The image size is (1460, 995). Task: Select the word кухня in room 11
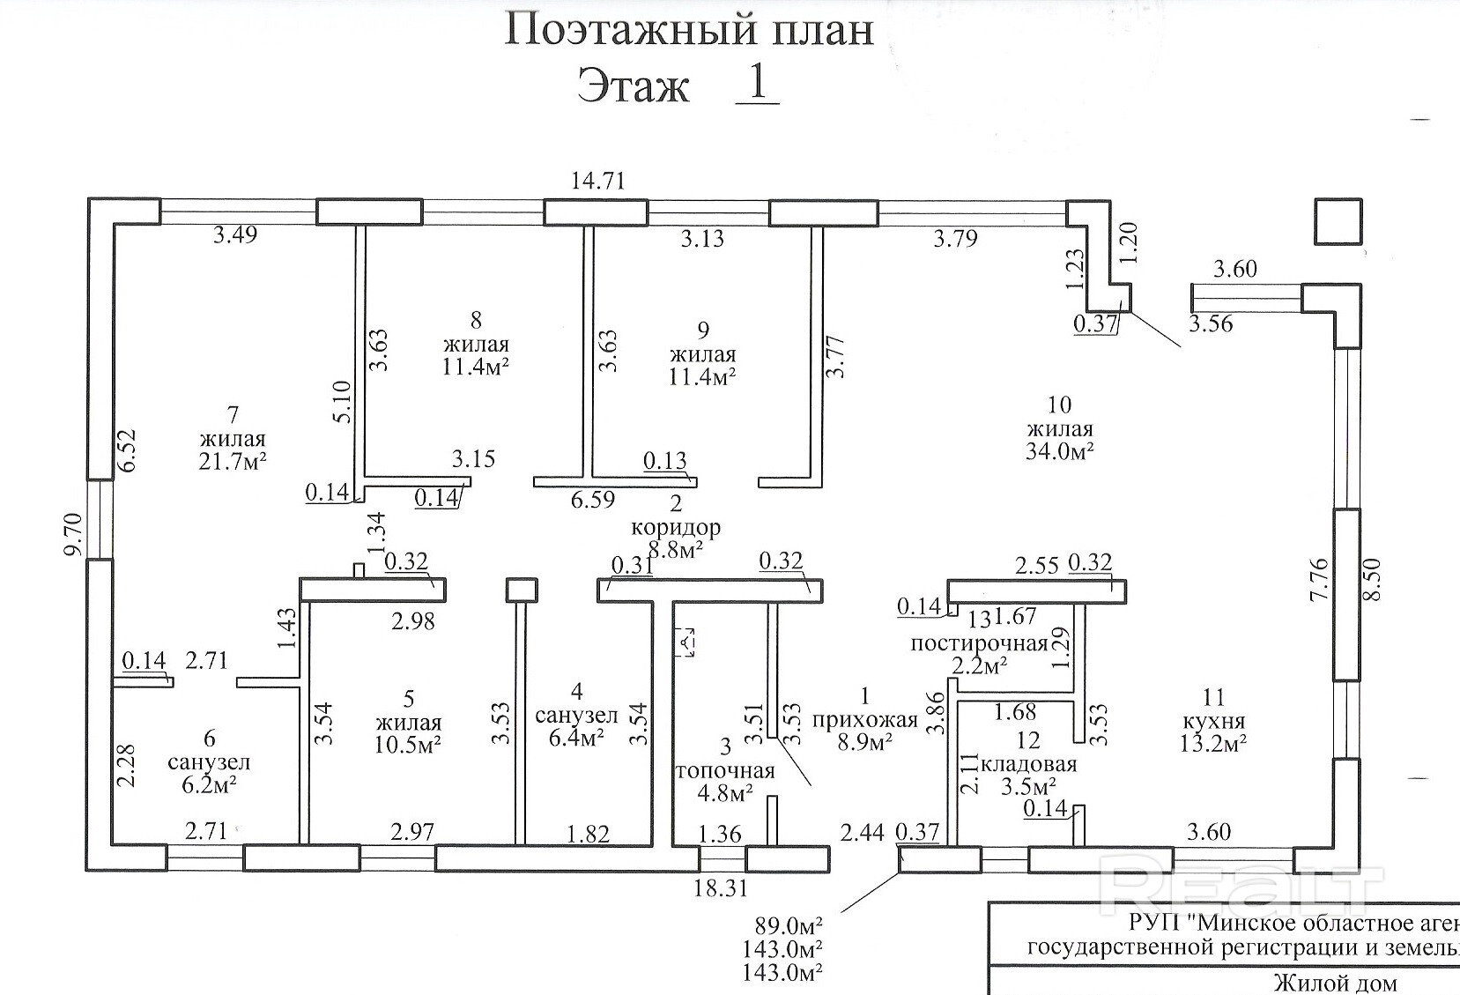coord(1213,721)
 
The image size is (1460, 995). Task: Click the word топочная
coord(725,771)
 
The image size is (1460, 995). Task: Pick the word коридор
coord(676,527)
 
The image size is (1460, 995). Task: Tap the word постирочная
coord(979,642)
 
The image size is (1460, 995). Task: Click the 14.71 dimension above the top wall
coord(598,181)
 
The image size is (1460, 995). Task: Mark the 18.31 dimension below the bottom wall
coord(721,889)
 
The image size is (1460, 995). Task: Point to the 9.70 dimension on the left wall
coord(76,535)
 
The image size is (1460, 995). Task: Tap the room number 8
coord(477,319)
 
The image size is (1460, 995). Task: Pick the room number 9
coord(702,330)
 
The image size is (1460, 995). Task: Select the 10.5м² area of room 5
coord(408,744)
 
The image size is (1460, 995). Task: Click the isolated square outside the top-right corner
coord(1339,221)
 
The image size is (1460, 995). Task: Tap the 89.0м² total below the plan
coord(789,927)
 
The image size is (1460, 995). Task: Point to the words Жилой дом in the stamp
coord(1334,983)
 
